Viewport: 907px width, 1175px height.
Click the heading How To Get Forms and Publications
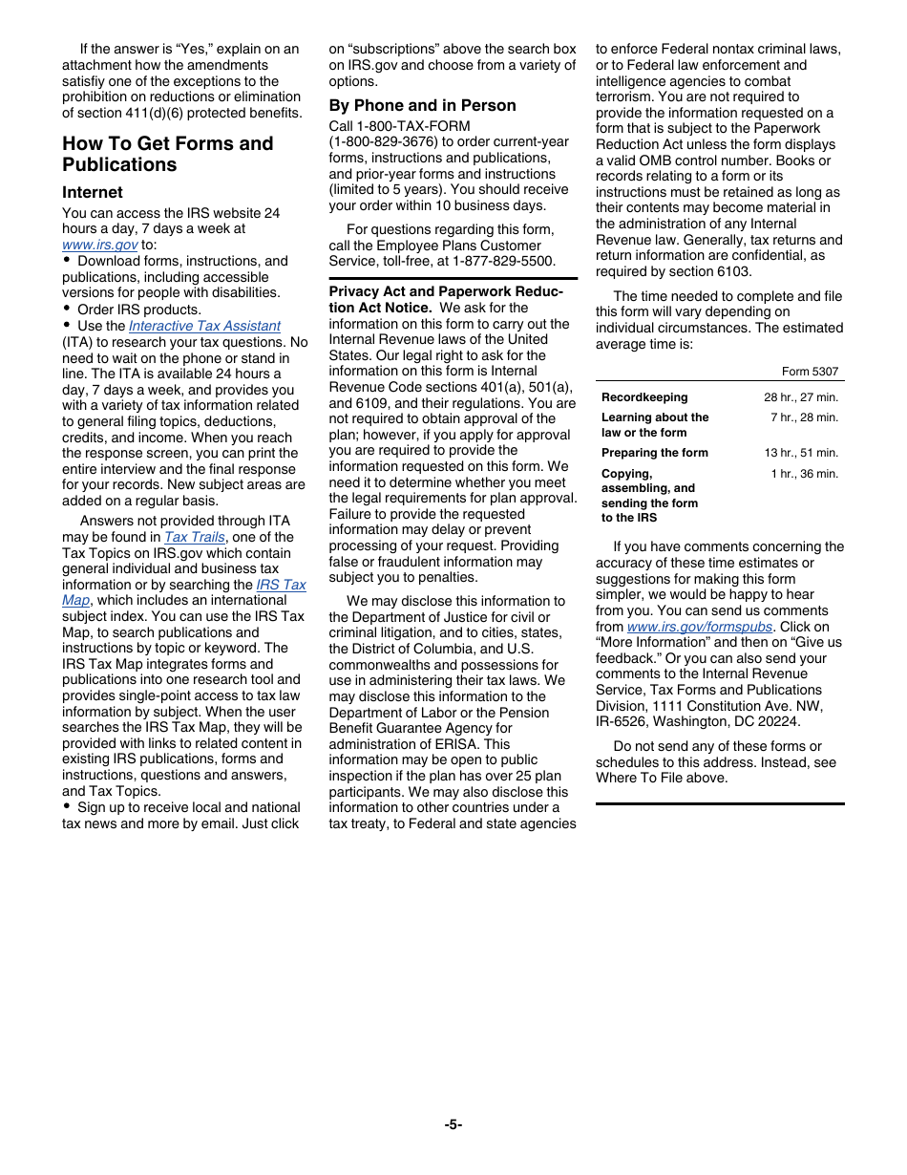coord(167,154)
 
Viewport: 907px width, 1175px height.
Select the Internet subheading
coord(93,192)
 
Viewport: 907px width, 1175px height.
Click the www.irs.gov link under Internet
coord(99,245)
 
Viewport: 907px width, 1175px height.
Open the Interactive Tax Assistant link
coord(204,326)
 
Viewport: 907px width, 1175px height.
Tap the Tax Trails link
coord(195,537)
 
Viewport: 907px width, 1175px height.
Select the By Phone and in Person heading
coord(422,105)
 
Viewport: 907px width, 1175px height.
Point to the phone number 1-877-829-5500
coord(503,261)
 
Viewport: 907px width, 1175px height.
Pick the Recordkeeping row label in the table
coord(644,397)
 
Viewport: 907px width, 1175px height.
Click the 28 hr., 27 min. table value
coord(800,397)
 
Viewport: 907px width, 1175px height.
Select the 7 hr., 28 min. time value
coord(804,417)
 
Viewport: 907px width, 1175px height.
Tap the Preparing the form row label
coord(654,453)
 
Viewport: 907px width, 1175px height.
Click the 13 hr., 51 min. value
coord(800,453)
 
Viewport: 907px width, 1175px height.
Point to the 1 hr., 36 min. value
coord(804,474)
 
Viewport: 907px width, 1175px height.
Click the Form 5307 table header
coord(810,372)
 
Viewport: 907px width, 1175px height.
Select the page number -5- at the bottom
coord(453,1124)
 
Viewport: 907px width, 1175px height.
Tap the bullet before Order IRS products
coord(67,310)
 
